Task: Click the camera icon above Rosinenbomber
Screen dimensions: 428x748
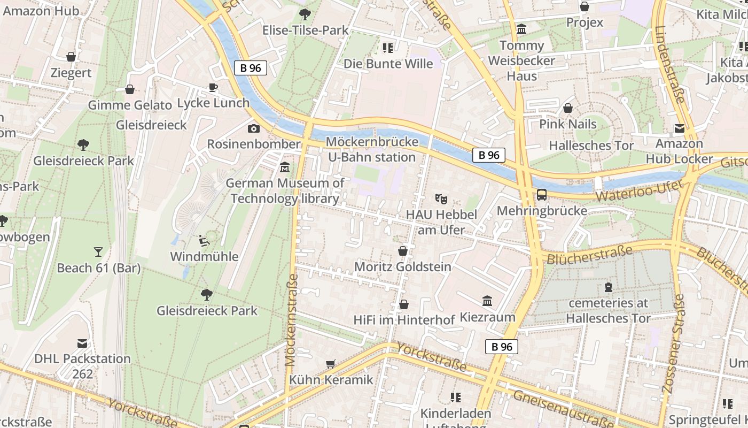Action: click(254, 128)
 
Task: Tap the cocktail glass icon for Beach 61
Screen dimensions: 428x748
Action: click(98, 251)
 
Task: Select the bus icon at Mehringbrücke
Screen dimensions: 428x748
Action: click(542, 195)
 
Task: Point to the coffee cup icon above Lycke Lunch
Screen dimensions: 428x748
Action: click(213, 87)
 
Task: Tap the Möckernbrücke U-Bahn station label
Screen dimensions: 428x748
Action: click(371, 150)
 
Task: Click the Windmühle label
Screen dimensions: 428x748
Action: click(204, 257)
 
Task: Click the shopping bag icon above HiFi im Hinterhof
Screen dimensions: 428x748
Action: click(404, 304)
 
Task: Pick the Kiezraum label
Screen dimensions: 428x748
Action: click(487, 317)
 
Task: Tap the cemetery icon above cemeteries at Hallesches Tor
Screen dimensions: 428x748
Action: click(608, 287)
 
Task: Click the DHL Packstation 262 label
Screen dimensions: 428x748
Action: click(82, 366)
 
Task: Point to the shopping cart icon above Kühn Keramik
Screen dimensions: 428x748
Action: click(331, 364)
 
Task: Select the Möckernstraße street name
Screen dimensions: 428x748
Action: click(292, 320)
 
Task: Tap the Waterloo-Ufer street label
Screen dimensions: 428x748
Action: click(639, 191)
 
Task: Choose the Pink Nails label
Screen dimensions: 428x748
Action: click(567, 124)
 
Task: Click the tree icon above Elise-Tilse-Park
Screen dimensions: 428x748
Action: click(305, 14)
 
